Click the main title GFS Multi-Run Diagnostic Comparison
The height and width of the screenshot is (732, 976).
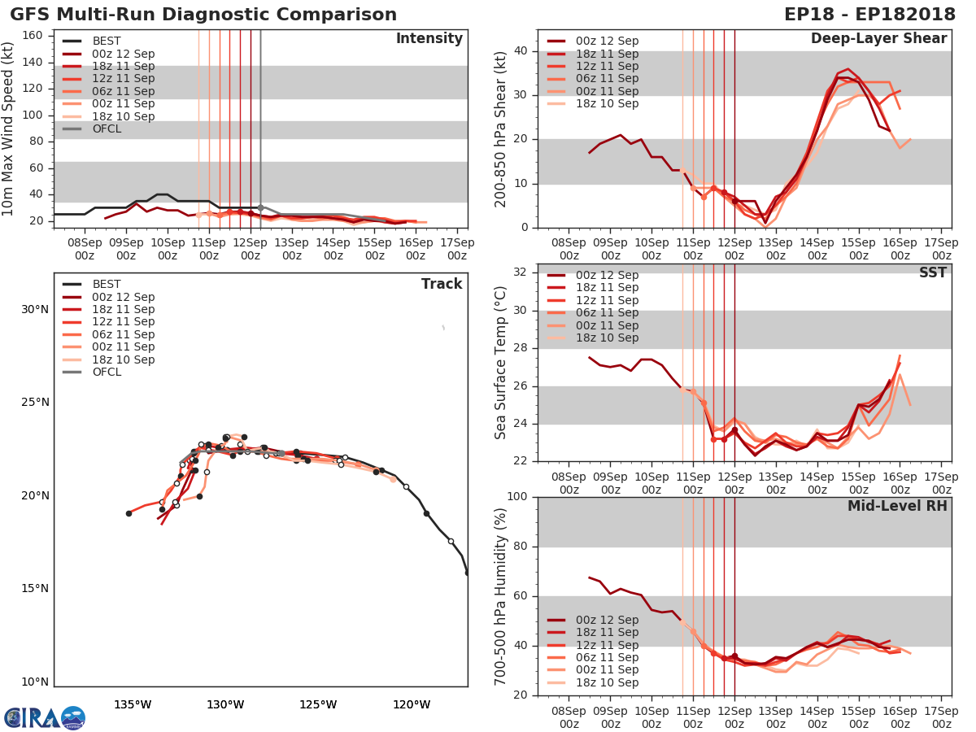pyautogui.click(x=203, y=15)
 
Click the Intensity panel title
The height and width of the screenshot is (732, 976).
pyautogui.click(x=429, y=39)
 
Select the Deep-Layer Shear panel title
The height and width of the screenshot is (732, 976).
pyautogui.click(x=878, y=39)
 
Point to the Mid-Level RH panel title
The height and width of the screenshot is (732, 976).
pyautogui.click(x=897, y=506)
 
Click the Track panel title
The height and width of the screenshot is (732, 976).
pyautogui.click(x=442, y=284)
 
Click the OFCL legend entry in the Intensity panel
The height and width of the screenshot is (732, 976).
pyautogui.click(x=107, y=129)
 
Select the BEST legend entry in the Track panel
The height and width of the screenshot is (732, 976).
pyautogui.click(x=107, y=284)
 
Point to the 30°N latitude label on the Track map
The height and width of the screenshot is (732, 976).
pyautogui.click(x=35, y=309)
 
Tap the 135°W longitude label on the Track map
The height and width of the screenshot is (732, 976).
pyautogui.click(x=133, y=704)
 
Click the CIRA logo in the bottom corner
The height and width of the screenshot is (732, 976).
pyautogui.click(x=44, y=717)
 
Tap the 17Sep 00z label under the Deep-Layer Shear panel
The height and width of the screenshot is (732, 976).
pyautogui.click(x=941, y=248)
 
